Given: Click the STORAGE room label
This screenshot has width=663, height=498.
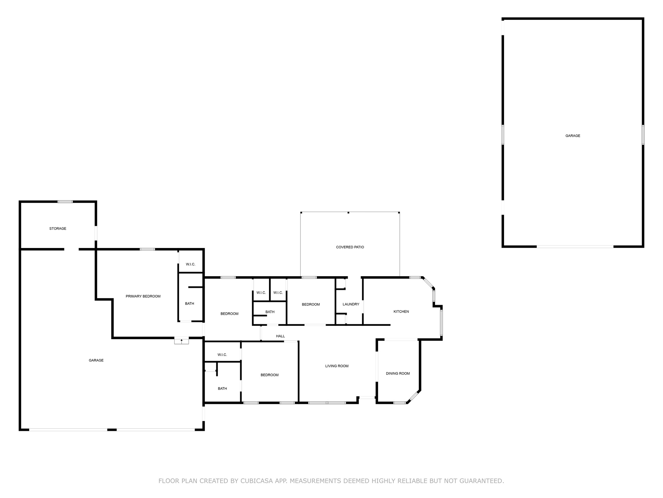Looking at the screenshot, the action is (x=58, y=229).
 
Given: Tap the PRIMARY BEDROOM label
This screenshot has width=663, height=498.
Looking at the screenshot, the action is (x=143, y=296).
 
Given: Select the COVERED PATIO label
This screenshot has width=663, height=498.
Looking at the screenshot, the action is (x=350, y=247).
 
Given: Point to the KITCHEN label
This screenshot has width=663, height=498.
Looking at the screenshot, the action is (x=401, y=312).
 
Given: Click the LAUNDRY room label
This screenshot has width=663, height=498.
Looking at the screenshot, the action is (x=351, y=304).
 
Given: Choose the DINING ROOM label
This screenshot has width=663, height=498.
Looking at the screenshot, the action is (x=398, y=373).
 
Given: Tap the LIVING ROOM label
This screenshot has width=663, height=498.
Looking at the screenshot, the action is (x=337, y=366).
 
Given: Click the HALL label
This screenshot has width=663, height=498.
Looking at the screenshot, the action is (x=280, y=336).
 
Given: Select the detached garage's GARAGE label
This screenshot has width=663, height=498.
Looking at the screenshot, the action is (x=573, y=136).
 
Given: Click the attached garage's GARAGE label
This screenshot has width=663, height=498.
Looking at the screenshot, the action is (x=96, y=360).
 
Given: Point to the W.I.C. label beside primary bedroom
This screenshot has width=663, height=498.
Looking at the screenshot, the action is (x=191, y=264).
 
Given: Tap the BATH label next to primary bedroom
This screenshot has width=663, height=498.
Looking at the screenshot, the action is (x=190, y=304).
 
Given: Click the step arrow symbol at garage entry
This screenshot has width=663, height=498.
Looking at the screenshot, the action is (x=182, y=341).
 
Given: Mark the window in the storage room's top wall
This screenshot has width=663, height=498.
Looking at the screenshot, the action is (x=65, y=202).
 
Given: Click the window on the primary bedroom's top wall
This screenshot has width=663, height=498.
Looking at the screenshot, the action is (x=147, y=249).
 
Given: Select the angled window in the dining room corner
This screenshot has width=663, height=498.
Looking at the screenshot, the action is (x=414, y=396).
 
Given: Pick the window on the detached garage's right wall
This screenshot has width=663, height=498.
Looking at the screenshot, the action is (x=643, y=135).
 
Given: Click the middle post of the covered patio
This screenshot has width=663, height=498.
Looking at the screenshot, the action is (x=348, y=213).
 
